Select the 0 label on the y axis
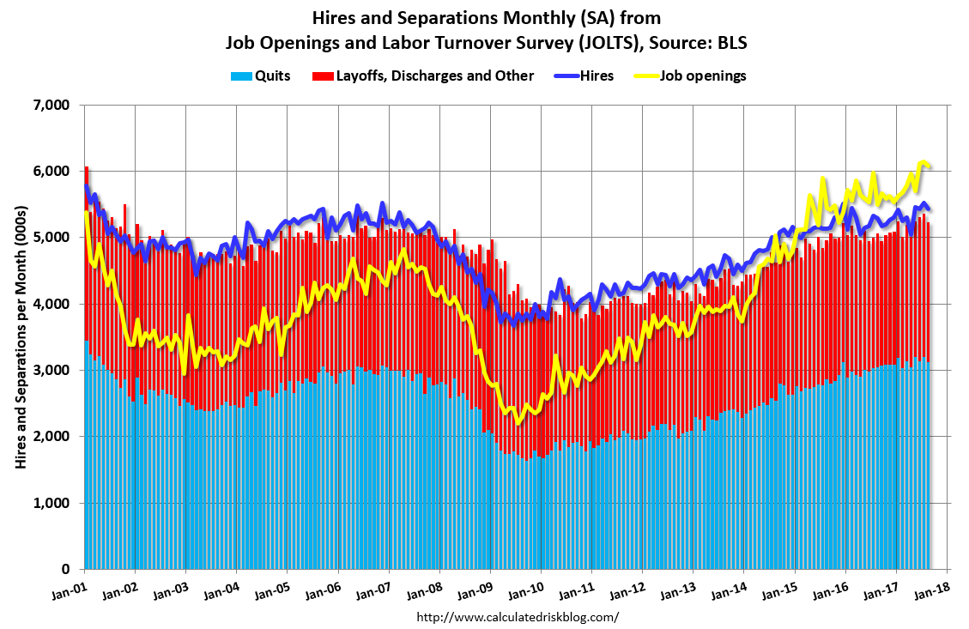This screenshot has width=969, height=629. point(65,569)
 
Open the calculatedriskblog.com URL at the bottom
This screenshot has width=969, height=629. point(517,617)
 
